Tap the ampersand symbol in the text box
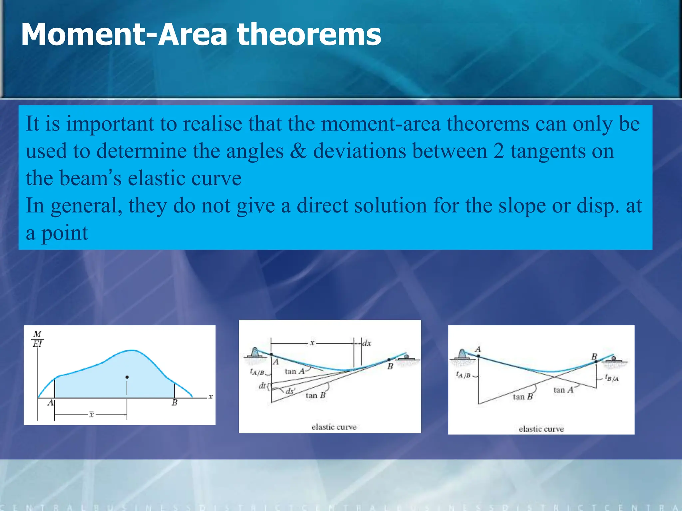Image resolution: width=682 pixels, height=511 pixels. point(298,151)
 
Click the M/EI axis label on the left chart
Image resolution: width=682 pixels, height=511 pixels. point(37,339)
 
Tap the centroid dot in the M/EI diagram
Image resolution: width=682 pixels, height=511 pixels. point(127,377)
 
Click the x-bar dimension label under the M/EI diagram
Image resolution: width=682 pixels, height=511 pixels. point(91,415)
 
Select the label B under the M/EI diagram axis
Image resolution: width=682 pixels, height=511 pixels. point(174,403)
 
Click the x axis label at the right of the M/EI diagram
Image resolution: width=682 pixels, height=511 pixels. point(210,397)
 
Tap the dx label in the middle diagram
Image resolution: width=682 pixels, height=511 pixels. point(367,343)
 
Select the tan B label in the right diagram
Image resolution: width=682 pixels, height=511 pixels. point(522,397)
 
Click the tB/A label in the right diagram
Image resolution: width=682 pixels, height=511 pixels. point(612,378)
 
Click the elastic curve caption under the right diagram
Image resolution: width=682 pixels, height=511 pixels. point(541,429)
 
